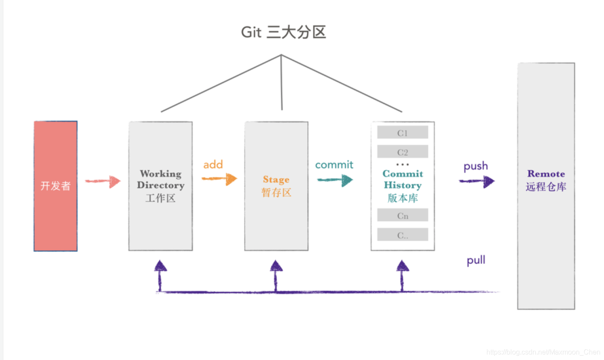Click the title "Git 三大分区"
point(283,33)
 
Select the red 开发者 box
point(56,186)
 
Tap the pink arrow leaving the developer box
point(103,181)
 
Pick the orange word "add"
point(213,164)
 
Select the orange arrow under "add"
point(220,179)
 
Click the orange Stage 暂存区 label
point(276,186)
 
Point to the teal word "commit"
point(334,165)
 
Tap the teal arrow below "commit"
point(335,180)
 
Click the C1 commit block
point(403,133)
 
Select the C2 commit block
point(403,152)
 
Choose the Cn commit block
point(403,216)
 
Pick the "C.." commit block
point(403,235)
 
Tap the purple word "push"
point(476,166)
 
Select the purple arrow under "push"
point(477,181)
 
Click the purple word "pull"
point(476,261)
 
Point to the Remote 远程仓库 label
point(546,180)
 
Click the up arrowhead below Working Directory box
point(161,266)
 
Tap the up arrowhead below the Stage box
point(276,266)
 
